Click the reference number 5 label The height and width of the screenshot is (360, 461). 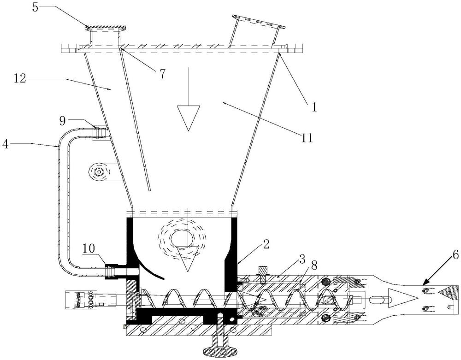pyautogui.click(x=35, y=7)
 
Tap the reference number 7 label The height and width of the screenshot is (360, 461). pyautogui.click(x=163, y=74)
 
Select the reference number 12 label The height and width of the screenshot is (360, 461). pyautogui.click(x=19, y=79)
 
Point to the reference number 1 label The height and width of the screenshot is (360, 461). pyautogui.click(x=314, y=107)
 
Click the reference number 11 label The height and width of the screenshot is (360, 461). pyautogui.click(x=307, y=137)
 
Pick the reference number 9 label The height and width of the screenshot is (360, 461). pyautogui.click(x=63, y=120)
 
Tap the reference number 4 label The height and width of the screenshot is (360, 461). pyautogui.click(x=6, y=144)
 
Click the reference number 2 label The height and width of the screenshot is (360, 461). pyautogui.click(x=266, y=244)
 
